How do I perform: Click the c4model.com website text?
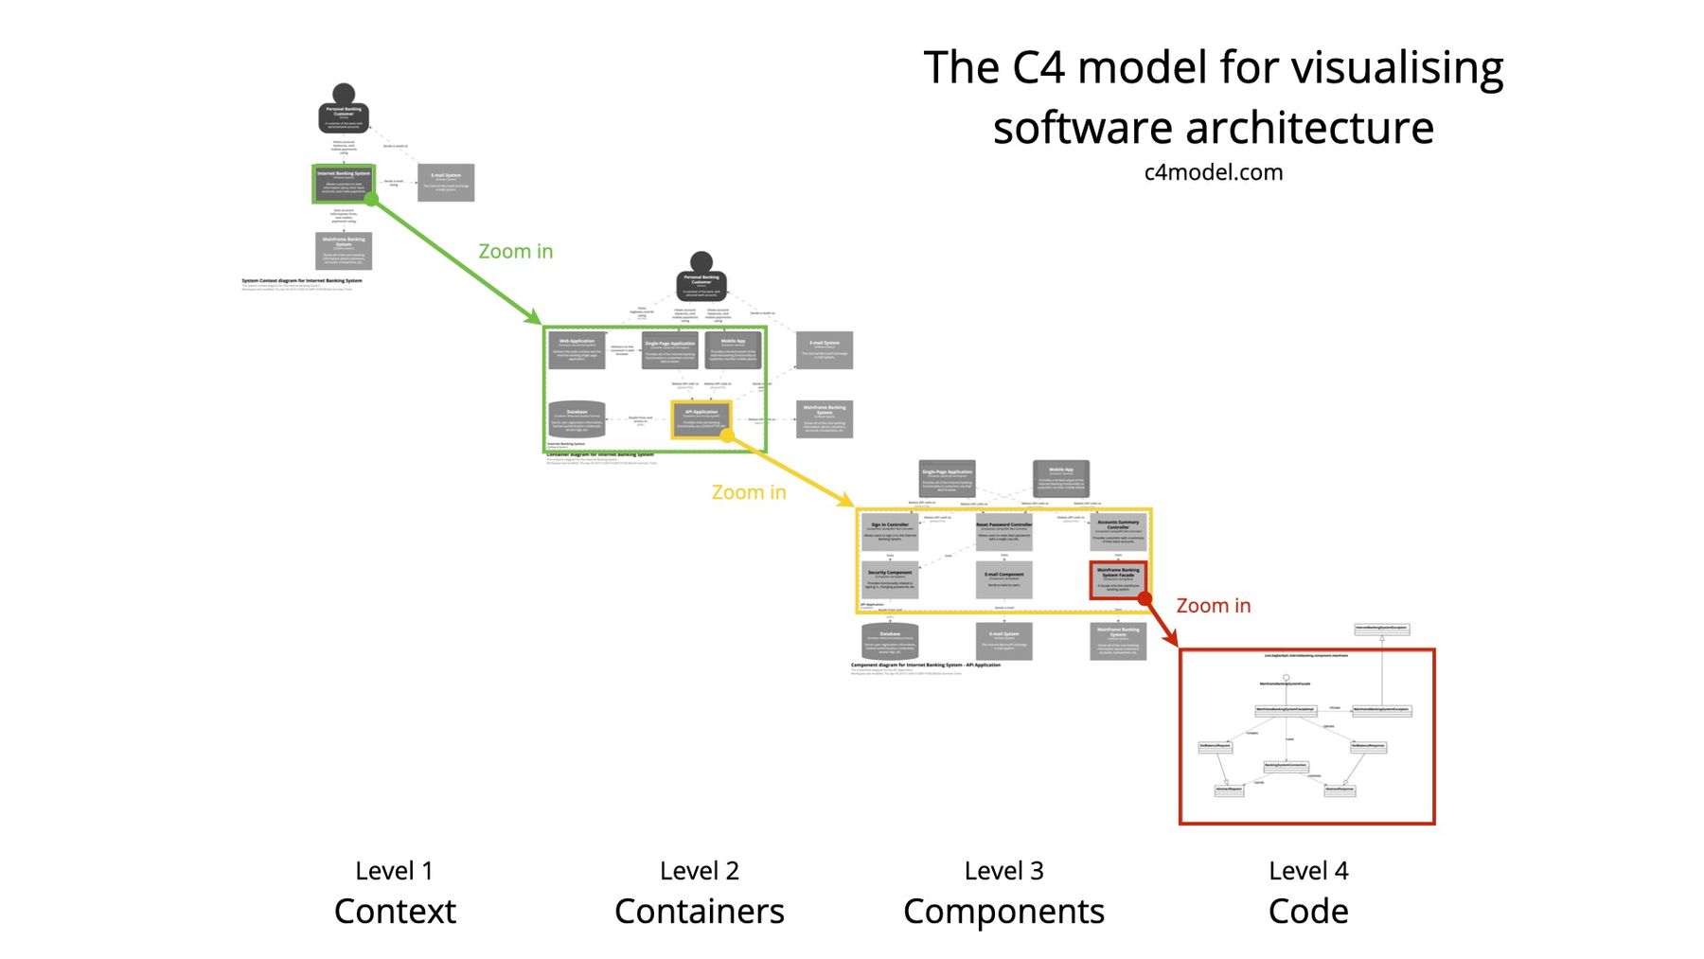1213,172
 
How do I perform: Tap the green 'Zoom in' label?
515,252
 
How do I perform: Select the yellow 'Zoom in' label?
748,492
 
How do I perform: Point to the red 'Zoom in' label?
1213,606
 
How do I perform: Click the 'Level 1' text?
394,871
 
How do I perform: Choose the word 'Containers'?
699,912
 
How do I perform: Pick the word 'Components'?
1003,912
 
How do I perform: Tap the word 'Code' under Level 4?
1307,912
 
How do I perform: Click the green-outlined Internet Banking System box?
344,184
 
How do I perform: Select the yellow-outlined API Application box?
701,418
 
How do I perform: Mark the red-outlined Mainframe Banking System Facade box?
1118,579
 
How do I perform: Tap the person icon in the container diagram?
701,278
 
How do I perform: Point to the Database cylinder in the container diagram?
577,419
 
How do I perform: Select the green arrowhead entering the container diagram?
535,318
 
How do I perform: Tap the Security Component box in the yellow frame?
890,579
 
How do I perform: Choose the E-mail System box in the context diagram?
446,182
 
